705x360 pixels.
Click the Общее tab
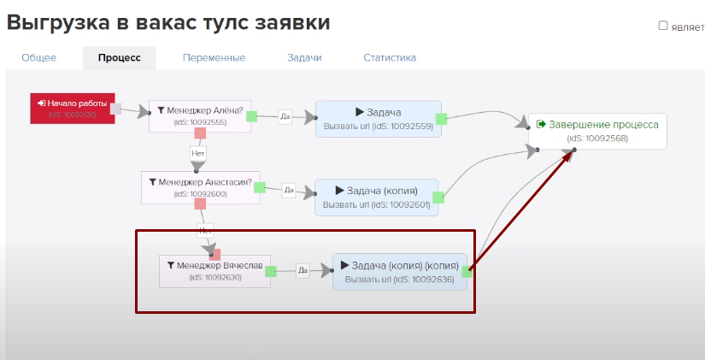[x=38, y=58]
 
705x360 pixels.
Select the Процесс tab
[x=119, y=58]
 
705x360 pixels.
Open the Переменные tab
[x=214, y=58]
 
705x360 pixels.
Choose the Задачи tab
[x=304, y=58]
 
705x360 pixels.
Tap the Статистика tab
[x=390, y=58]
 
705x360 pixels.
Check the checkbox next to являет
[x=663, y=26]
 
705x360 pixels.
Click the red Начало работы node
[x=73, y=108]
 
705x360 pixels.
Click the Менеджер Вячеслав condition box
[x=214, y=269]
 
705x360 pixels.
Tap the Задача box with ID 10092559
[x=378, y=118]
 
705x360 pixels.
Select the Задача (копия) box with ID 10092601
[x=376, y=196]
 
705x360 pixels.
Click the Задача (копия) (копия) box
[x=400, y=271]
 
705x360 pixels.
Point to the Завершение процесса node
[x=596, y=130]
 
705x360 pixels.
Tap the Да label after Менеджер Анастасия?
[x=288, y=190]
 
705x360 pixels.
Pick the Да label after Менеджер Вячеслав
[x=302, y=271]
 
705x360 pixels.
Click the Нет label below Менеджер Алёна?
[x=198, y=153]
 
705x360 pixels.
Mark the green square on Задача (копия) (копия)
[x=467, y=271]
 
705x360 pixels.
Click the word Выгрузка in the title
[x=56, y=22]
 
